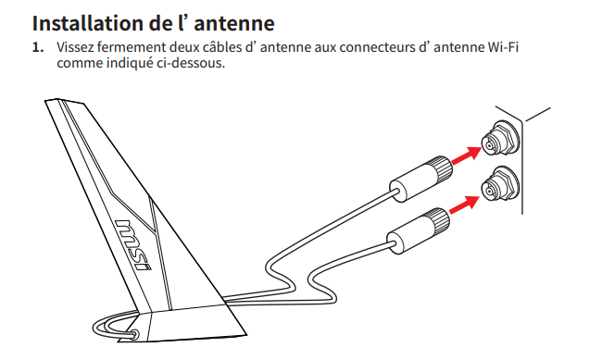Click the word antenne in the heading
tap(234, 23)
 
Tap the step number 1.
tap(38, 48)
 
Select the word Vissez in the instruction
tap(75, 47)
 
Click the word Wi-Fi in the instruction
tap(503, 47)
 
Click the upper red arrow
tap(467, 155)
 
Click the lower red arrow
tap(464, 205)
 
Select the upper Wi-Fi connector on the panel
tap(500, 140)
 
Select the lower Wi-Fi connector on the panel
tap(500, 185)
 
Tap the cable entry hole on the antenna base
tap(133, 334)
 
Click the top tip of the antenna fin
tap(46, 101)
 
